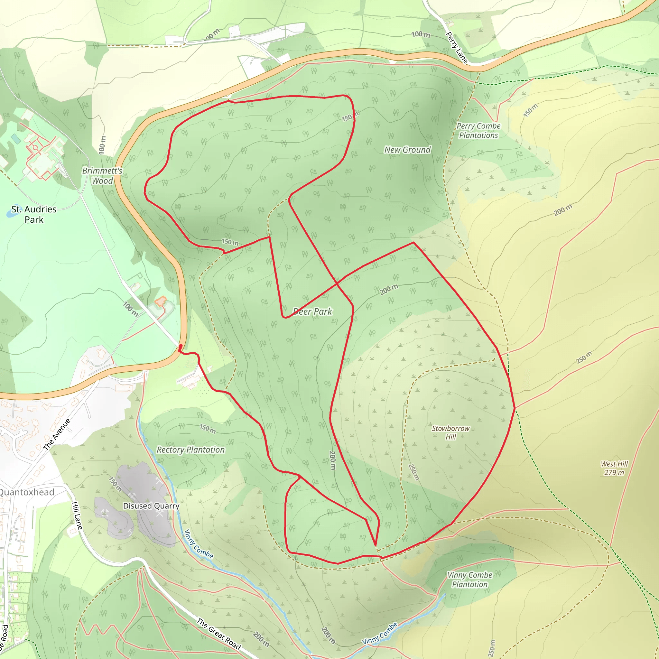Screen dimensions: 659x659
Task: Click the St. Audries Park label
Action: pos(34,214)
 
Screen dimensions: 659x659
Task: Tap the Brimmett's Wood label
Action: pos(102,176)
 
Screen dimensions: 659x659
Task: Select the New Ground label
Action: pos(408,150)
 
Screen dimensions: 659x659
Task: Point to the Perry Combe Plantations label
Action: pos(478,131)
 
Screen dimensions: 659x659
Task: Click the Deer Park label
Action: pos(312,311)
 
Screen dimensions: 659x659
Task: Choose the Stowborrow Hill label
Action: pos(450,432)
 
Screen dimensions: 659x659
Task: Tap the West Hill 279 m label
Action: pos(614,468)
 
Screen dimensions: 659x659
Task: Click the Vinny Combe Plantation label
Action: pos(470,580)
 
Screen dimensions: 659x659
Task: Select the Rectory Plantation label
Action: pos(190,450)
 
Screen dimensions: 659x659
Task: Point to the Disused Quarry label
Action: pos(151,506)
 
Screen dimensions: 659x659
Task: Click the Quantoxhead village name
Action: pos(27,492)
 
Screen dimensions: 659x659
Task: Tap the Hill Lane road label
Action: pos(77,516)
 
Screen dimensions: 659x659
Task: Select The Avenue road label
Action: pos(57,434)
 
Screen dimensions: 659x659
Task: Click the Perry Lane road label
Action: pos(456,47)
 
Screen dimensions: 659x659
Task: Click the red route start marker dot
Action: pos(181,346)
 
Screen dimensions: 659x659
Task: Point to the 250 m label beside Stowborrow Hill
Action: pos(413,472)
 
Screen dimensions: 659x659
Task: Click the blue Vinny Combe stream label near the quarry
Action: pos(199,544)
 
